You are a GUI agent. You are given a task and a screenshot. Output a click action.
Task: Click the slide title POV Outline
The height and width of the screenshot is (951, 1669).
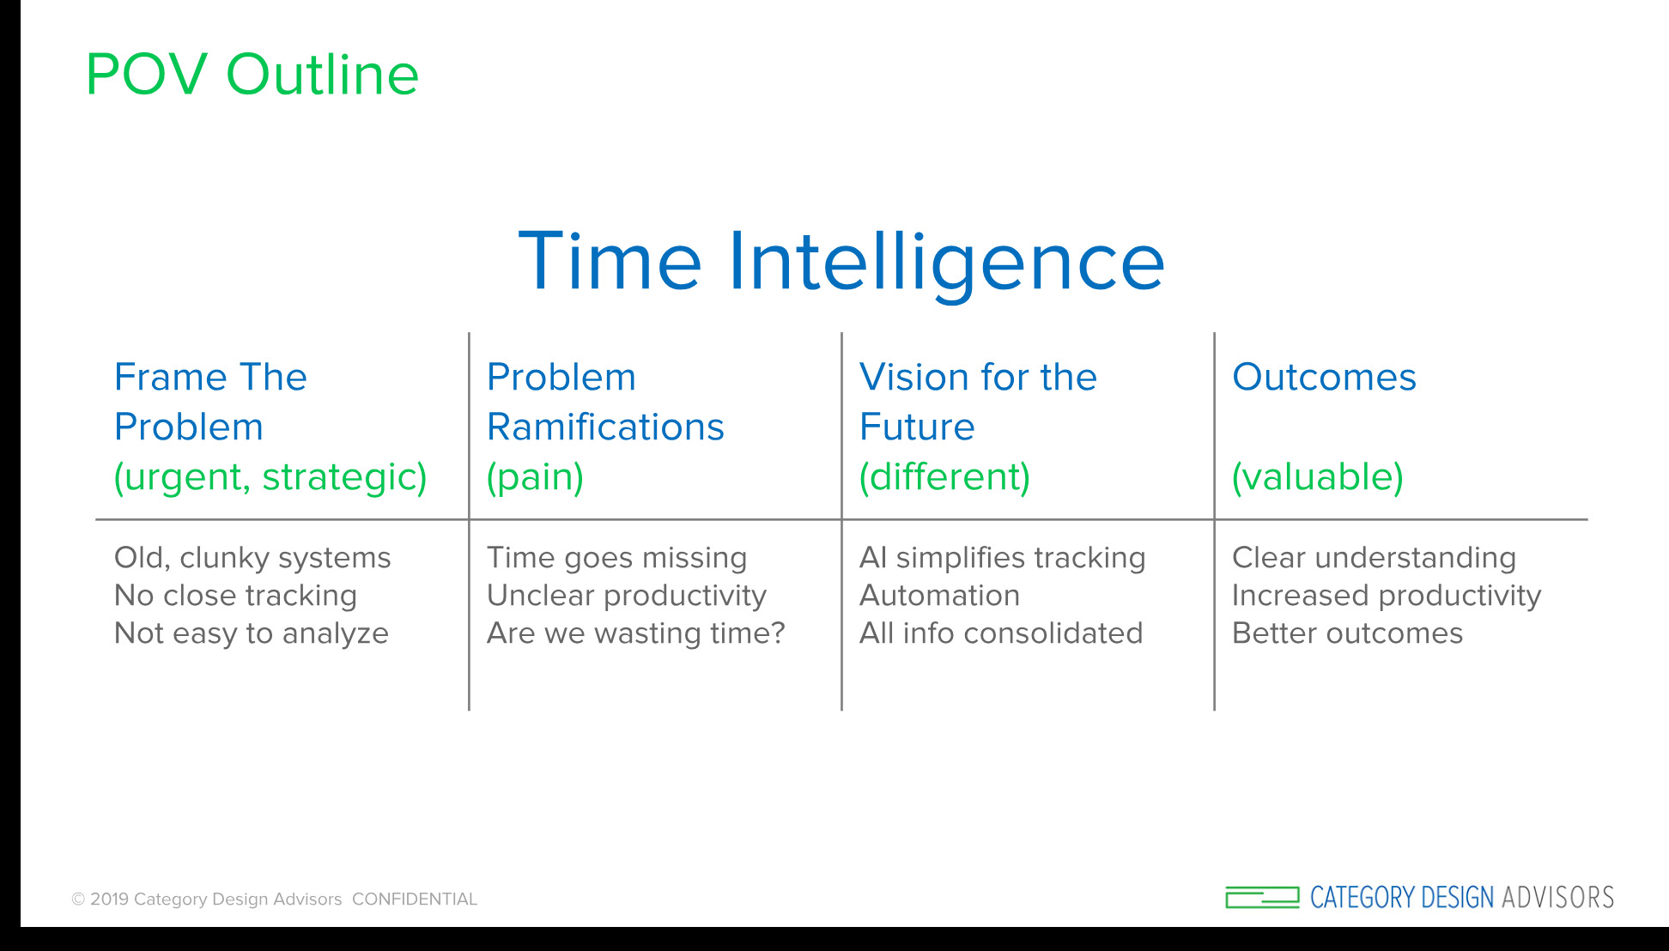pos(252,74)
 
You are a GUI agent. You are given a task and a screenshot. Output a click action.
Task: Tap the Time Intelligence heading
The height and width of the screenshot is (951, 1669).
pos(841,262)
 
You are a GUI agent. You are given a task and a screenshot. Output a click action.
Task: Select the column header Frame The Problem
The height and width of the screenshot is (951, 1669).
pos(210,402)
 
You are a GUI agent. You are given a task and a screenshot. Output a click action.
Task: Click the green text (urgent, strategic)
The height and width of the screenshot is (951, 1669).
pos(270,477)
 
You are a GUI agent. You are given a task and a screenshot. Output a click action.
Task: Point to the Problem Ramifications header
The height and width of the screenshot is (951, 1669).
pos(605,402)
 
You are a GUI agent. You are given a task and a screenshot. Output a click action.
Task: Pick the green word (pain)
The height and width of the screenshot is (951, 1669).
pos(535,477)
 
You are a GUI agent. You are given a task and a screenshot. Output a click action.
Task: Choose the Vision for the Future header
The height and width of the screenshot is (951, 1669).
pos(978,402)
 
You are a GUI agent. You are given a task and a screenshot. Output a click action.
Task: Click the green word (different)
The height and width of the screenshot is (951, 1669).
pos(944,477)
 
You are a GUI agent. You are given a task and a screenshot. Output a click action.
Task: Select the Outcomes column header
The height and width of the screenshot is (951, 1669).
pos(1324,378)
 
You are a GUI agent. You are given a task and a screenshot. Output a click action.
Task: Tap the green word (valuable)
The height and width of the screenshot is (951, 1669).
pos(1318,477)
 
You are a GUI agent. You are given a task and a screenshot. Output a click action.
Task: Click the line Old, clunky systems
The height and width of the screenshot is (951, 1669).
pos(252,559)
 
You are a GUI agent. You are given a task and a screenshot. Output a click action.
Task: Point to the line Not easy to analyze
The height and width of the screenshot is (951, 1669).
pos(252,634)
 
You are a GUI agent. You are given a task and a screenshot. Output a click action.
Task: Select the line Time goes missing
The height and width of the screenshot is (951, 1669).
pos(616,559)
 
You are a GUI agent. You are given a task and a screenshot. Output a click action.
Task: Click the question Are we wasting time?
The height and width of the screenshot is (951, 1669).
pos(636,633)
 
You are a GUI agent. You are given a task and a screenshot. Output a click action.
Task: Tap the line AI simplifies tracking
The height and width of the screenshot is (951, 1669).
pos(1003,559)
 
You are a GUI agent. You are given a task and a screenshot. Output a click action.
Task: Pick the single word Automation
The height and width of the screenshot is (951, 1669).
pos(940,596)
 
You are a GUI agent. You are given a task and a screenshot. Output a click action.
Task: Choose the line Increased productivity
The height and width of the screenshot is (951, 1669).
pos(1387,597)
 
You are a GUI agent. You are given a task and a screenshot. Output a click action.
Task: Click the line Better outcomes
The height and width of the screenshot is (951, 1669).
pos(1347,633)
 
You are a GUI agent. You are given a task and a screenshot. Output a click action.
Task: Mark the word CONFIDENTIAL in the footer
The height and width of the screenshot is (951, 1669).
pos(415,900)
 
